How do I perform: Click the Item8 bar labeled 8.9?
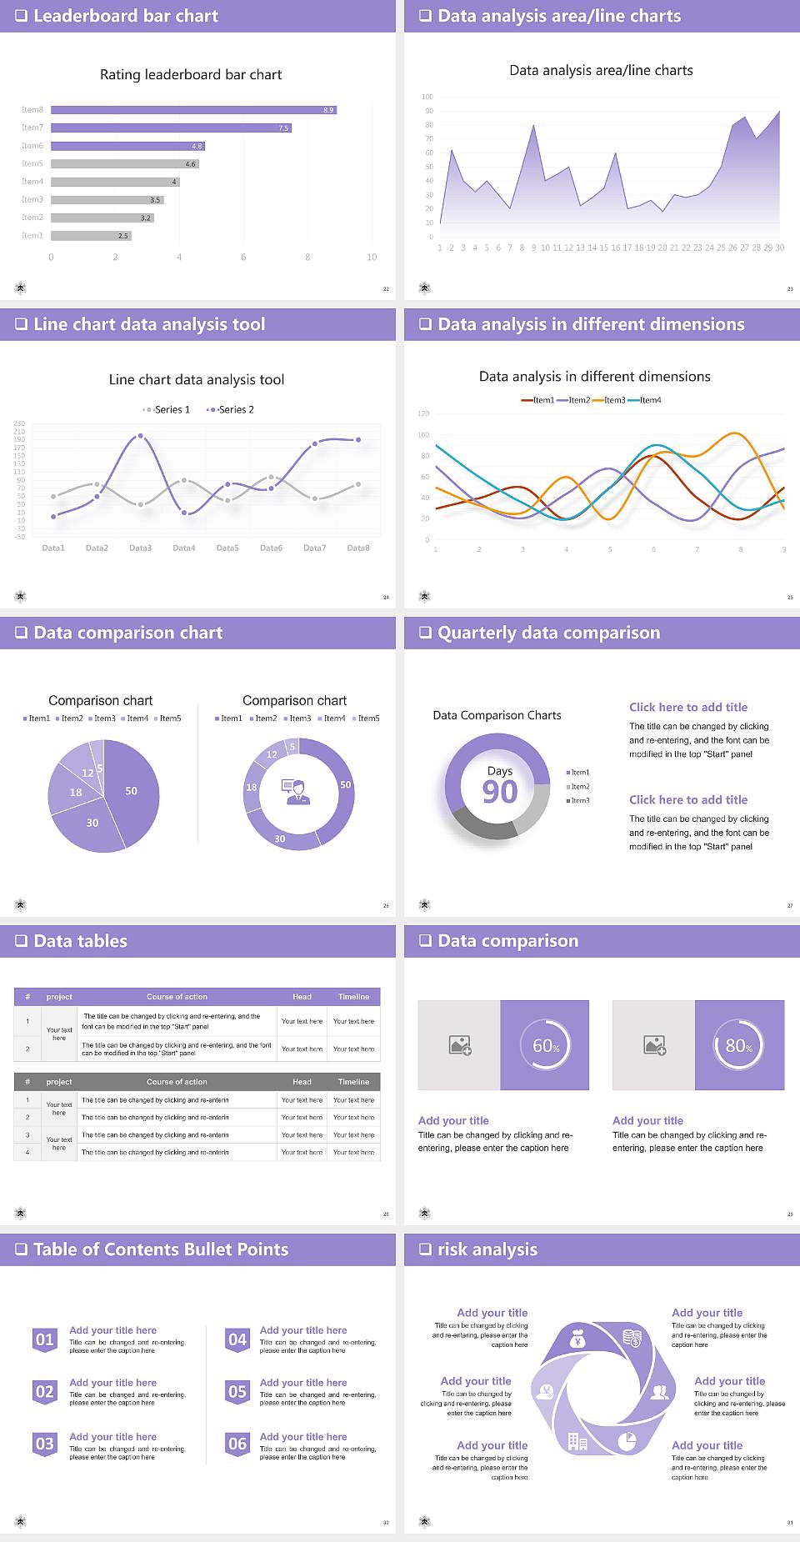[193, 110]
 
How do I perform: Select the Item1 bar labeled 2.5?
[91, 236]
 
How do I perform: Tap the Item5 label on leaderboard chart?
[32, 163]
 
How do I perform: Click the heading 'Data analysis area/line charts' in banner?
[559, 16]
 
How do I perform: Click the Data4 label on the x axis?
[183, 548]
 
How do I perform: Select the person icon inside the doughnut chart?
[297, 792]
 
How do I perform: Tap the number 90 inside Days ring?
[500, 792]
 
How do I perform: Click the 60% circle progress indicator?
[545, 1045]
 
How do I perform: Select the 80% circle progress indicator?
[739, 1045]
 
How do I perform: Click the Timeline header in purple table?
[353, 997]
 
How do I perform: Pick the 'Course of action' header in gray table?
[177, 1082]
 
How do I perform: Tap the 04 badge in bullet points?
[237, 1340]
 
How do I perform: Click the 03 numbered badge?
[45, 1444]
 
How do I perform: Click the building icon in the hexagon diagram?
[577, 1441]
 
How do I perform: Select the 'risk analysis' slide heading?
[487, 1249]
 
